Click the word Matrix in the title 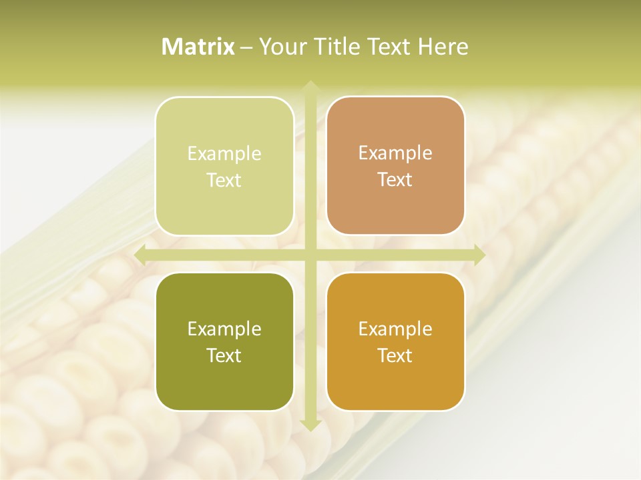(x=198, y=47)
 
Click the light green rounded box (x=224, y=166)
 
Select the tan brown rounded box (x=395, y=166)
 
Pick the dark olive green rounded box (x=224, y=341)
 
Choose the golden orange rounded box (x=395, y=341)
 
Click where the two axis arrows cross (x=310, y=255)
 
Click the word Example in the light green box (x=224, y=154)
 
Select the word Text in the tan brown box (x=395, y=180)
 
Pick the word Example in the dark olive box (x=224, y=329)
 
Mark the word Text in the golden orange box (x=395, y=355)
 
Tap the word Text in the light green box (x=224, y=181)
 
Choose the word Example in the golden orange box (x=395, y=329)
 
